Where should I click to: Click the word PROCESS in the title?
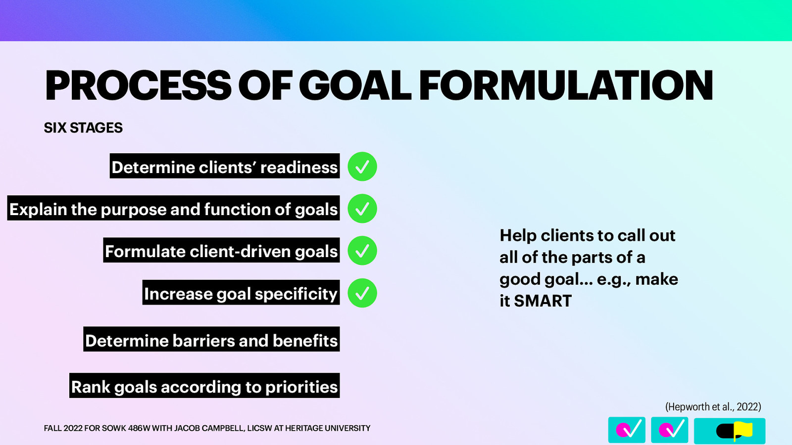tap(138, 86)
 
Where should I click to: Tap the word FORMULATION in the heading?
tap(566, 86)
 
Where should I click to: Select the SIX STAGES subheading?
tap(83, 128)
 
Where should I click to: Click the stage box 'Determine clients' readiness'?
tap(225, 167)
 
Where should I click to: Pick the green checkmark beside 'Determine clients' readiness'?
tap(362, 167)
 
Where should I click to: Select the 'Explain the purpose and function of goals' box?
tap(173, 209)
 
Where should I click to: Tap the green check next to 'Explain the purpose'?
tap(362, 209)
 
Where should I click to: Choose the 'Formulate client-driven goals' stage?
tap(221, 251)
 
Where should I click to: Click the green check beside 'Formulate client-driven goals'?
tap(362, 251)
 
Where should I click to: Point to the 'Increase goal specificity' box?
tap(241, 293)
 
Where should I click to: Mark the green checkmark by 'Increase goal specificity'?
tap(362, 293)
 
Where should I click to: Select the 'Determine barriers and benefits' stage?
tap(211, 340)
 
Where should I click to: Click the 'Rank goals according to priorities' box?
tap(204, 386)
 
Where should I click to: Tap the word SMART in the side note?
tap(543, 301)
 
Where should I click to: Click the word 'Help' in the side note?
tap(518, 235)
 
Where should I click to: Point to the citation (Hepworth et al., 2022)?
tap(713, 406)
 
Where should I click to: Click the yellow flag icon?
tap(742, 430)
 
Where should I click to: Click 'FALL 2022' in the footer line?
tap(63, 428)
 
